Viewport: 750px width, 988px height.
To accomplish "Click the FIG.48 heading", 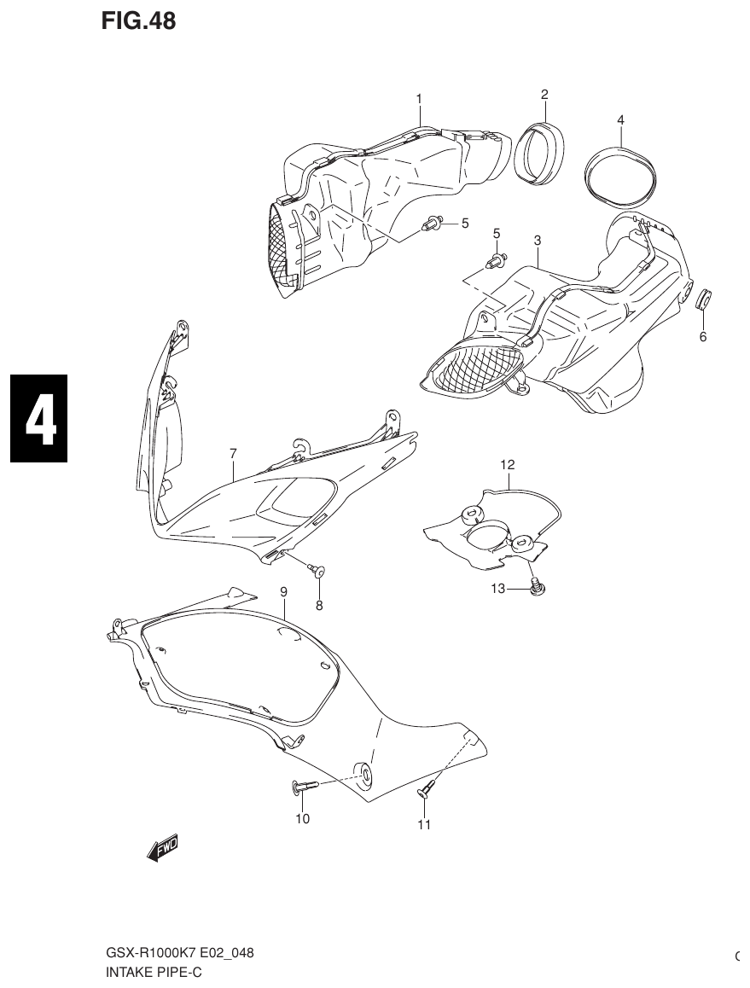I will (138, 21).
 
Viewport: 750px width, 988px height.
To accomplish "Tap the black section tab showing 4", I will (38, 418).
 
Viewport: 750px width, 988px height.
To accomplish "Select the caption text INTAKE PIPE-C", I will (154, 971).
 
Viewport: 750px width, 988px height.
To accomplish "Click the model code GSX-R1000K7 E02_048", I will (179, 953).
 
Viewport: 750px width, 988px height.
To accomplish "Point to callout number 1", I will (419, 99).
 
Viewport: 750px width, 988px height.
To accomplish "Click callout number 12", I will (508, 465).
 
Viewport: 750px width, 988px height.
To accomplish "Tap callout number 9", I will (283, 591).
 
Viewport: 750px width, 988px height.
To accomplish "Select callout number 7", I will (233, 453).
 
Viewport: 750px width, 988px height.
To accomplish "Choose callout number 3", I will (538, 241).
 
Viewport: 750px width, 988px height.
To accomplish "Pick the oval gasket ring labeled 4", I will (621, 176).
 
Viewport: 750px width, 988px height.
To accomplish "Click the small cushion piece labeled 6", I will (705, 300).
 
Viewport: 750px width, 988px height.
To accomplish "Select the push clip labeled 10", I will (307, 787).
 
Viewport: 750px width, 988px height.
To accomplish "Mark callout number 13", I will (498, 589).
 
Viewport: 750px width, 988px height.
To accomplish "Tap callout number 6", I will (703, 336).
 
